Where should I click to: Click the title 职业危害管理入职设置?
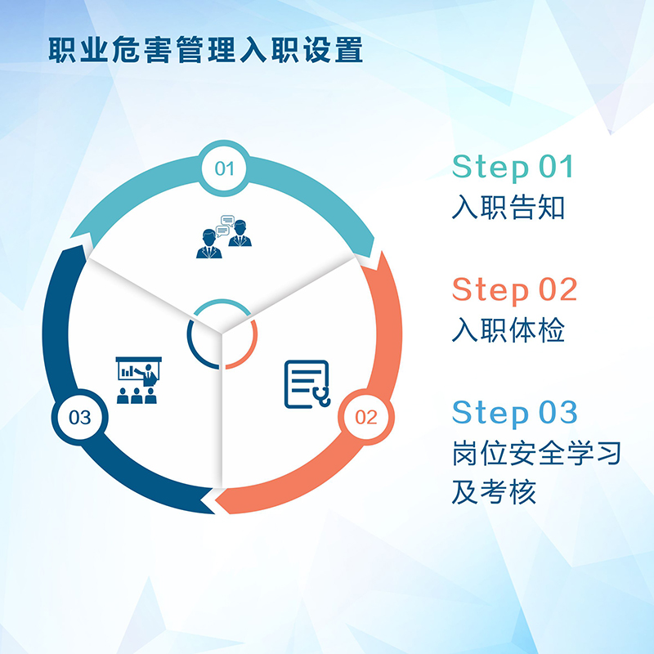tap(205, 50)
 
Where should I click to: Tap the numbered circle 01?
tap(224, 168)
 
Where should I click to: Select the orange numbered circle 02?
tap(365, 417)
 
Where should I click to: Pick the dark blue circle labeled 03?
tap(79, 417)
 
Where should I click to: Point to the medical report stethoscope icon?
tap(307, 384)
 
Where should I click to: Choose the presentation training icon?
tap(138, 380)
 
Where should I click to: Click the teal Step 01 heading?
tap(513, 168)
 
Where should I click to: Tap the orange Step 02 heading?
tap(514, 290)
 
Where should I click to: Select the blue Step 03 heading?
tap(514, 413)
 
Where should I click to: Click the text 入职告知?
tap(508, 207)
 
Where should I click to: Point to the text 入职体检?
tap(508, 330)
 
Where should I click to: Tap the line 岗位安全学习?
tap(537, 453)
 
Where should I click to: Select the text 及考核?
tap(495, 492)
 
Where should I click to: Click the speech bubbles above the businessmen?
tap(226, 226)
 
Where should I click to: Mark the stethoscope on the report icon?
tap(322, 396)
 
